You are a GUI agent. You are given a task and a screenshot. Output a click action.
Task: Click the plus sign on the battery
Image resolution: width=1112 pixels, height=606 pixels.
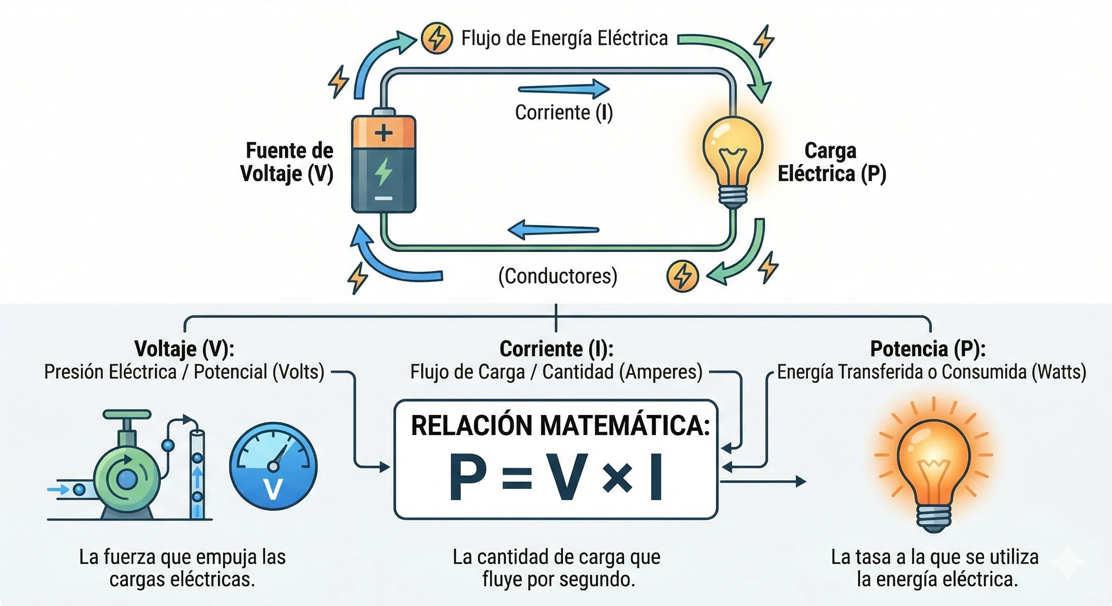[x=383, y=133]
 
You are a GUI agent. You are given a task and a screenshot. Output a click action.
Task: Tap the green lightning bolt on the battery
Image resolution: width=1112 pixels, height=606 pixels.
[x=383, y=171]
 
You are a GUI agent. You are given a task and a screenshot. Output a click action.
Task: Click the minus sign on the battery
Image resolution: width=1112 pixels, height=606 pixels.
[x=383, y=198]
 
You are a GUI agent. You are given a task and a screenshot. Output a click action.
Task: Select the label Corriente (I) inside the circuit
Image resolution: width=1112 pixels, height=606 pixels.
[x=564, y=112]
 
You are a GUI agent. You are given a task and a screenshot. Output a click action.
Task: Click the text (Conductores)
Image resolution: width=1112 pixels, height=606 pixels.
[x=558, y=276]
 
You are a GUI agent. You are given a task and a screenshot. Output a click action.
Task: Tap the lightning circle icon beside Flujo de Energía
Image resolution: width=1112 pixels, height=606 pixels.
[x=437, y=38]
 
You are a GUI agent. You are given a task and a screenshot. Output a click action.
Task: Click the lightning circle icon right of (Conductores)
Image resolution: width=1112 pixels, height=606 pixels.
[x=682, y=276]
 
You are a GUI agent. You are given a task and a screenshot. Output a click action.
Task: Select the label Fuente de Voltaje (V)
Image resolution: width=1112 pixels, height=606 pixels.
[x=288, y=162]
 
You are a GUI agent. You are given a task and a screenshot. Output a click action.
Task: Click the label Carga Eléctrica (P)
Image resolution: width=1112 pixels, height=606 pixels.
[x=831, y=162]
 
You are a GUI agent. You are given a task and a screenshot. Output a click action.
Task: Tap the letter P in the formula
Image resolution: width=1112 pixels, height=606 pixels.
[x=468, y=477]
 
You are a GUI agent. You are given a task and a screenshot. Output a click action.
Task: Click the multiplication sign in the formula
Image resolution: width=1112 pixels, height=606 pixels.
[x=617, y=478]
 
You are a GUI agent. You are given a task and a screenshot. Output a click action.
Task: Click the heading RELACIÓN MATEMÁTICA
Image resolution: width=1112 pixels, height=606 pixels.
[x=560, y=426]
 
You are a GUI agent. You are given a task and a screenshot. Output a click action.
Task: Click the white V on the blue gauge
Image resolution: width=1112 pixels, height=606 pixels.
[x=273, y=489]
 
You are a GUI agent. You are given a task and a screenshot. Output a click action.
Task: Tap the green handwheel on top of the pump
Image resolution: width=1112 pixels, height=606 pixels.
[x=126, y=415]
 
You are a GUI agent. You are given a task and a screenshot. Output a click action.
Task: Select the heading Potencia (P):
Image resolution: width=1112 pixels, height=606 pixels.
[x=928, y=349]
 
